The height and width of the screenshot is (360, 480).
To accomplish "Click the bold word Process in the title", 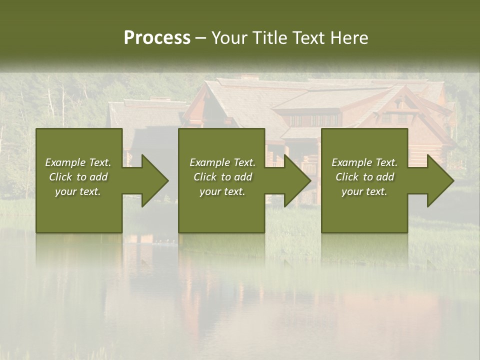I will click(157, 38).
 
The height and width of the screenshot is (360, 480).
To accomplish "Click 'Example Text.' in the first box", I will click(78, 162).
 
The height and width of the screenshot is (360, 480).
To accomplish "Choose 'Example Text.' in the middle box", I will click(222, 162).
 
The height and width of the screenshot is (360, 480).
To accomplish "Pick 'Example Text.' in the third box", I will click(364, 162).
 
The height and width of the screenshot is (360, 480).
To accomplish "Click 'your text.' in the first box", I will click(78, 191).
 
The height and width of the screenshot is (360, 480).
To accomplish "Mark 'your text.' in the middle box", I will click(222, 191).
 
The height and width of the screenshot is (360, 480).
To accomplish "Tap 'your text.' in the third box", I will click(364, 191).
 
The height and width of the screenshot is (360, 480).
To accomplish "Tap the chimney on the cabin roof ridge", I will click(248, 77).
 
